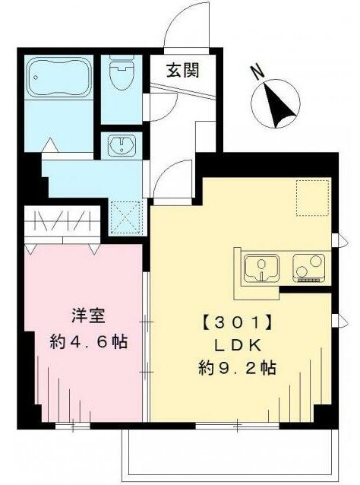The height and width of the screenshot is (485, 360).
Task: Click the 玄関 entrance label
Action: pyautogui.click(x=182, y=71)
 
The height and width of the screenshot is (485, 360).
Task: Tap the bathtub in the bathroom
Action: pyautogui.click(x=59, y=77)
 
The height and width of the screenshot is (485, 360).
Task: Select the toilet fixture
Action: pyautogui.click(x=122, y=72)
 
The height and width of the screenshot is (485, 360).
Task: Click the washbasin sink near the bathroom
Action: pyautogui.click(x=122, y=144)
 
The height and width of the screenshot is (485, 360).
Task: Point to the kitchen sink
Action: pyautogui.click(x=261, y=268)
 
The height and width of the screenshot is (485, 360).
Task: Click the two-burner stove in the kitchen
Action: pyautogui.click(x=308, y=268)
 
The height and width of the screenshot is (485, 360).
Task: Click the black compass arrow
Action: pyautogui.click(x=277, y=105)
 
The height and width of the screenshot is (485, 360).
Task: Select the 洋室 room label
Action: pyautogui.click(x=88, y=316)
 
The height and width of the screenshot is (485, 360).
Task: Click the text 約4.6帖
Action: pyautogui.click(x=88, y=342)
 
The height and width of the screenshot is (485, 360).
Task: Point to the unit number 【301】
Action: pyautogui.click(x=238, y=323)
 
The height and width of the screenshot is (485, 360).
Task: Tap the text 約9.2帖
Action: pyautogui.click(x=237, y=368)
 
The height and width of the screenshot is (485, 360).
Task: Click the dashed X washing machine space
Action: pyautogui.click(x=125, y=217)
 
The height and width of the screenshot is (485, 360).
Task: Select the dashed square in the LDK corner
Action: pyautogui.click(x=314, y=198)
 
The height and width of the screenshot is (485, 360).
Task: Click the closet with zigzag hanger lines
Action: pyautogui.click(x=62, y=221)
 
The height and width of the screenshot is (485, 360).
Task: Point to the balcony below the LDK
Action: pyautogui.click(x=229, y=455)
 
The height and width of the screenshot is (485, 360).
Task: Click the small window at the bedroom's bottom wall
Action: pyautogui.click(x=73, y=426)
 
